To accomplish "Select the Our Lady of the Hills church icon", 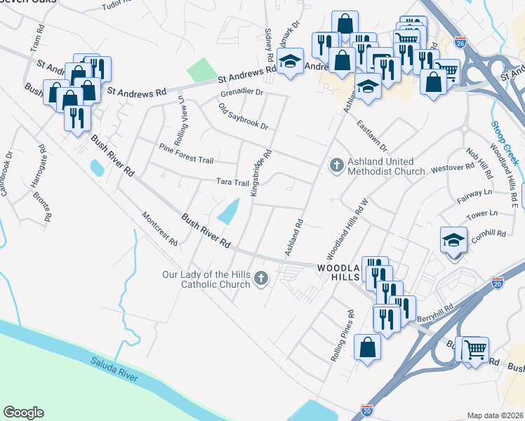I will [261, 279].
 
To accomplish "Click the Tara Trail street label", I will [232, 182].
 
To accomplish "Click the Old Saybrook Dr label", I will [244, 116].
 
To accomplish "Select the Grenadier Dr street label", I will [241, 92].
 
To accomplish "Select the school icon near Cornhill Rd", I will [453, 241].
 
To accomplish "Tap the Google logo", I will [24, 412].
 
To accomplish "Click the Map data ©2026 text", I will [495, 415].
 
